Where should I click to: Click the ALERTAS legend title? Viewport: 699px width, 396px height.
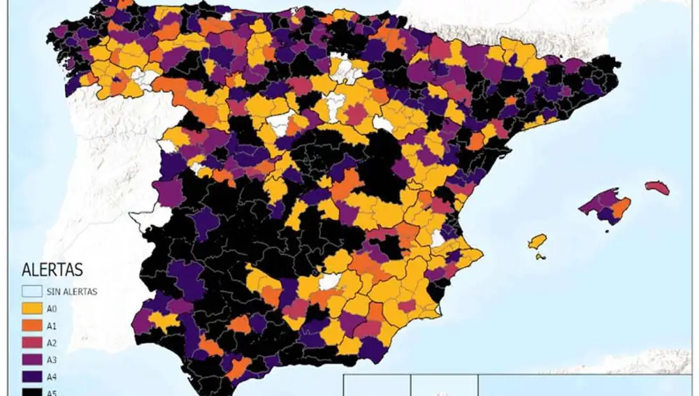pos(52,270)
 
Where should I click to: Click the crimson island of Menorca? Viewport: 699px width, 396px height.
pos(657,188)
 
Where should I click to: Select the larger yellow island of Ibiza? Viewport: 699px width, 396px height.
pos(537,242)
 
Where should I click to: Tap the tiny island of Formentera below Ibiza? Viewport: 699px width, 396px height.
pos(540,256)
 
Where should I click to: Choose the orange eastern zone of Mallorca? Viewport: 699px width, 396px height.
pos(621,207)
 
